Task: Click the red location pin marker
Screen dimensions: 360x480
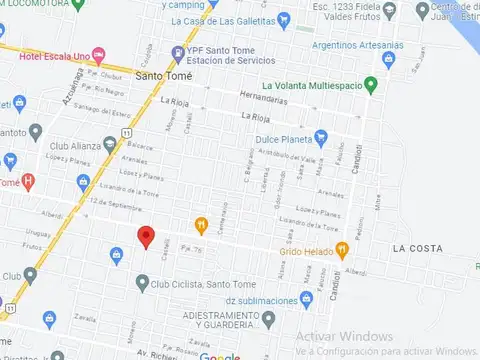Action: pos(146,237)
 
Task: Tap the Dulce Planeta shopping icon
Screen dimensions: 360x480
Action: pos(321,138)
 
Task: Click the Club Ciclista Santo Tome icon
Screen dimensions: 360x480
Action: pos(141,283)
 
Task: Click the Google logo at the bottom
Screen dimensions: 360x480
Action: pos(219,356)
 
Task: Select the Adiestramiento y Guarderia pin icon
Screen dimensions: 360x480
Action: pos(268,319)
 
